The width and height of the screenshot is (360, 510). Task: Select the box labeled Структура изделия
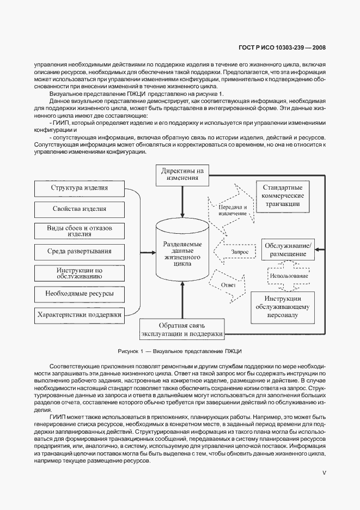80,189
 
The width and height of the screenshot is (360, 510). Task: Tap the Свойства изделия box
80,209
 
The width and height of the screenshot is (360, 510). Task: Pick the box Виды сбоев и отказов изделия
80,230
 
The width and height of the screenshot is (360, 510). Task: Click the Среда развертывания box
80,252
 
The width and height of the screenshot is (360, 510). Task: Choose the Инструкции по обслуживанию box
80,273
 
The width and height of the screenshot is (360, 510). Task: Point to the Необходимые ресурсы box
80,294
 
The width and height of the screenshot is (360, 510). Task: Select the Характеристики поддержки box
80,315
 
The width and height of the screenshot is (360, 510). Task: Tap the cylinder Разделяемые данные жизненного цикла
182,254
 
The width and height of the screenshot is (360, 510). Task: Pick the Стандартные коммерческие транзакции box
283,196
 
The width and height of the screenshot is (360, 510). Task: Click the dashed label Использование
288,276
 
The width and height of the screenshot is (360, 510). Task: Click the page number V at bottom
324,472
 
